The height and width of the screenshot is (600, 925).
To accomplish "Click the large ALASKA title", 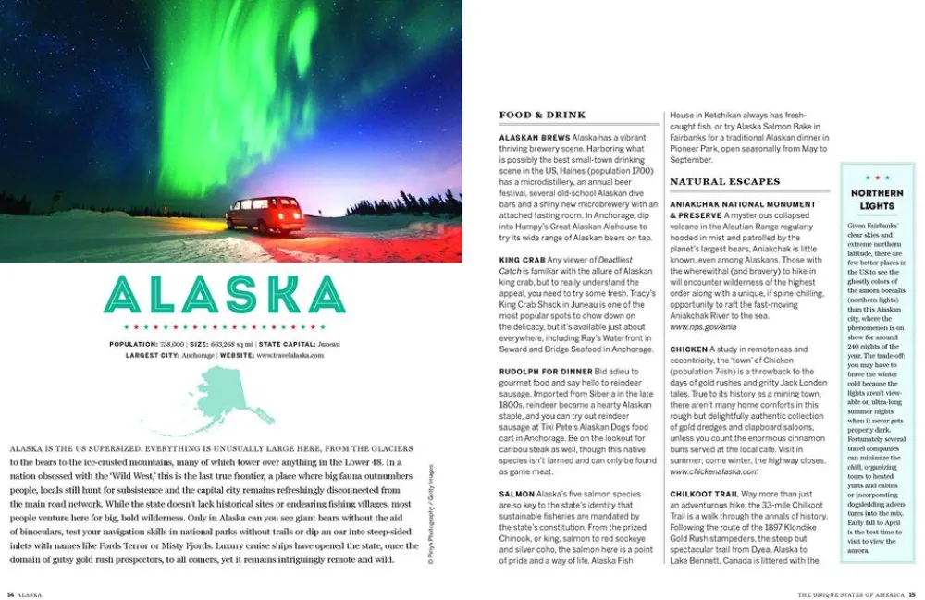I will point(225,294).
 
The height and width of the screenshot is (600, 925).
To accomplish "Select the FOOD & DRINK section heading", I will point(543,115).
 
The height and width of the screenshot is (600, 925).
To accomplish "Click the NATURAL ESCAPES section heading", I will point(724,181).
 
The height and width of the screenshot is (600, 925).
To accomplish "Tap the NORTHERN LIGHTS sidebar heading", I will point(877,199).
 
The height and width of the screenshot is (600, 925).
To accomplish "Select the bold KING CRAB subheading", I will point(522,260).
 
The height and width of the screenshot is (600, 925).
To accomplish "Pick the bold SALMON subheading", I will point(517,495).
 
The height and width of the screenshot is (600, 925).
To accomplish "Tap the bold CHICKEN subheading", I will point(689,349).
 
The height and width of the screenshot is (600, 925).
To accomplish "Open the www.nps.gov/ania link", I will point(703,326).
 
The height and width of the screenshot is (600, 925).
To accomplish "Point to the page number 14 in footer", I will point(10,594).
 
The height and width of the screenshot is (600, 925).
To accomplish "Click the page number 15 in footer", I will point(912,594).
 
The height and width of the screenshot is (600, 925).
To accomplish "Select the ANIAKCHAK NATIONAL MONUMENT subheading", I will point(743,203).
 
